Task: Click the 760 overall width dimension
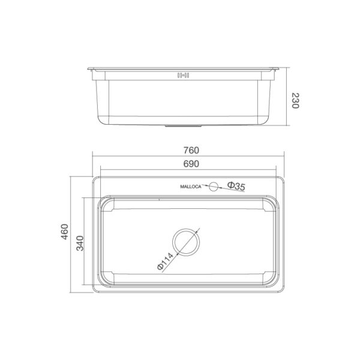pos(190,150)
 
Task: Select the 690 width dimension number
pos(190,164)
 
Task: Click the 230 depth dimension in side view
pos(295,100)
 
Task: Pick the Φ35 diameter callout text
pos(236,187)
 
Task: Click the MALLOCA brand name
pos(192,187)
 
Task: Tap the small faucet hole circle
pos(212,187)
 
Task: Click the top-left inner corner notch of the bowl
pos(106,205)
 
